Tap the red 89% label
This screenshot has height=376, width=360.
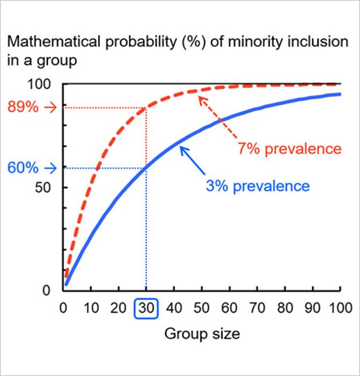pyautogui.click(x=23, y=107)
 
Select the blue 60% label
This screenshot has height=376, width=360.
pyautogui.click(x=23, y=168)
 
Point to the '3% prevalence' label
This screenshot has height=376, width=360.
pyautogui.click(x=258, y=186)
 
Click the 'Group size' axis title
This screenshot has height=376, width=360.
pyautogui.click(x=202, y=334)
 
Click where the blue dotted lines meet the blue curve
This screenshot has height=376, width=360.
pyautogui.click(x=146, y=168)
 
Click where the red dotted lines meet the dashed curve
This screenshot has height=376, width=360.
pyautogui.click(x=146, y=108)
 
